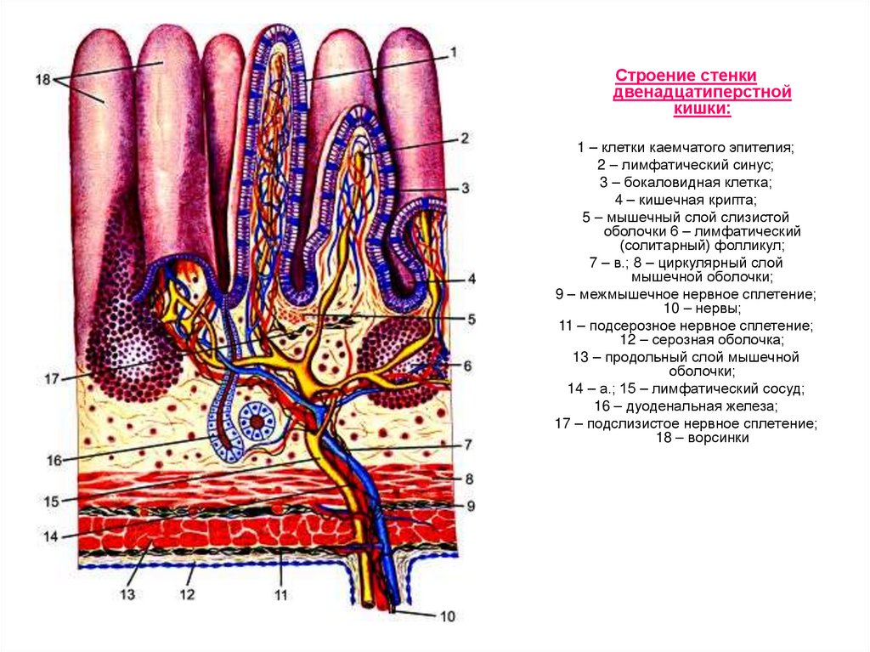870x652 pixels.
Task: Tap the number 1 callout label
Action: [454, 52]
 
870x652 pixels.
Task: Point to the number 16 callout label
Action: [54, 461]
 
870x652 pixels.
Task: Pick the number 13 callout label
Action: [127, 594]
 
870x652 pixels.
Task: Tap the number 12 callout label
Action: [188, 593]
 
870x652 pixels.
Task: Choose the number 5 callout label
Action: [471, 320]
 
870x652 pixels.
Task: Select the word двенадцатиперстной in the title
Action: [702, 92]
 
